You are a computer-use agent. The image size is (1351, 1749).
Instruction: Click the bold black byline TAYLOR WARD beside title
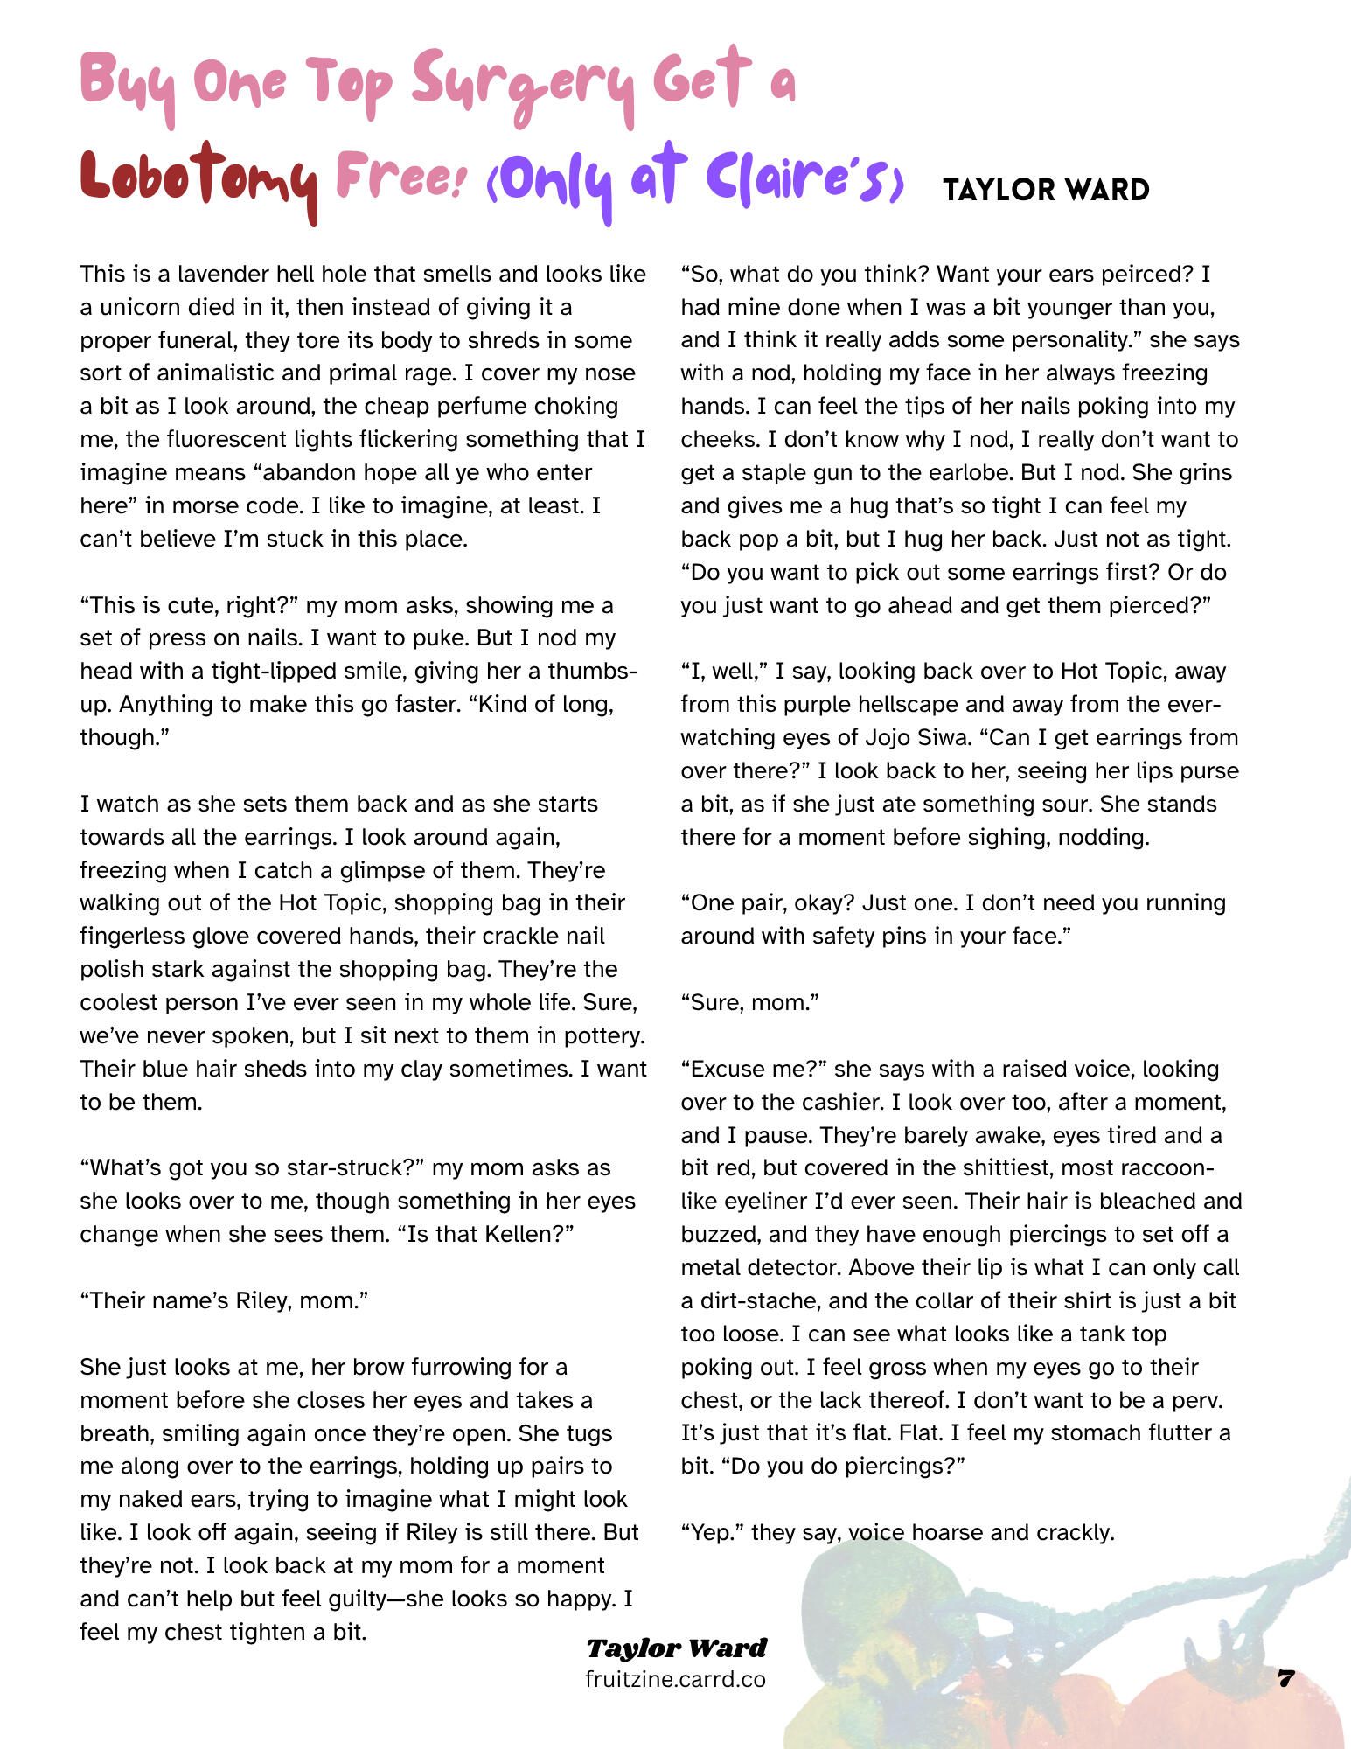(1046, 190)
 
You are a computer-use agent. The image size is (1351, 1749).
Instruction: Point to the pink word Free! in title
(399, 176)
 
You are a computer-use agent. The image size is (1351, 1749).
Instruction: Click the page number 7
(1285, 1678)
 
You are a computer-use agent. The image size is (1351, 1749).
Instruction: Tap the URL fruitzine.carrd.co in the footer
(675, 1679)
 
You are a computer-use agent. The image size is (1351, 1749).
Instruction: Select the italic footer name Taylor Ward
(676, 1648)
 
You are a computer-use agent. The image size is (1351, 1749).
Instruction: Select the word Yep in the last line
(711, 1532)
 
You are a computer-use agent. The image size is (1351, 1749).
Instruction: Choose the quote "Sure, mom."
(749, 1002)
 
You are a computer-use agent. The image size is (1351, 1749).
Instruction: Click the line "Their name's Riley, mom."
(224, 1300)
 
